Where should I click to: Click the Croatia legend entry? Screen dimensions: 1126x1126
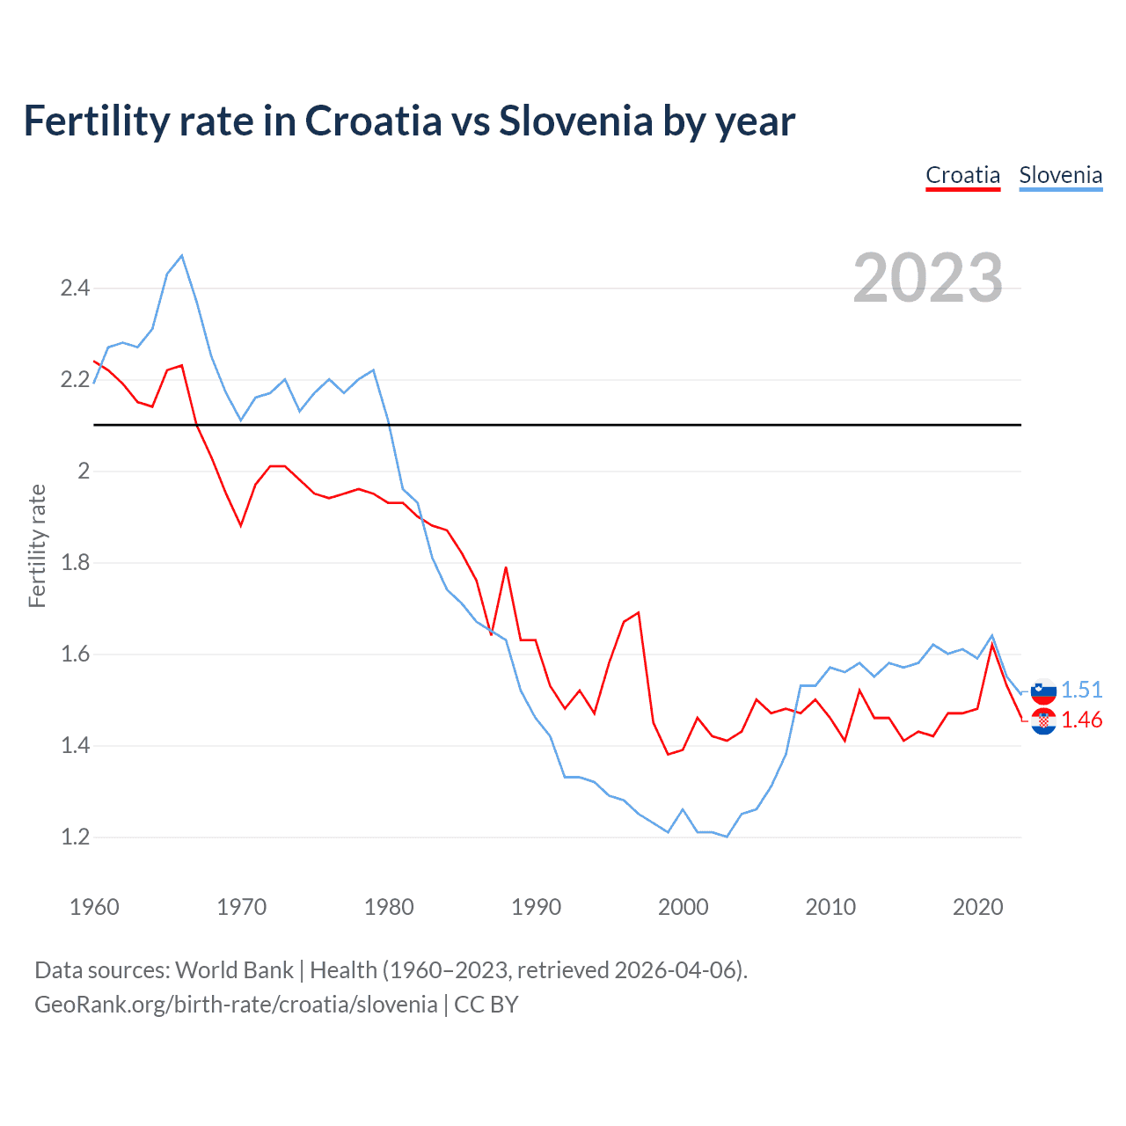point(962,175)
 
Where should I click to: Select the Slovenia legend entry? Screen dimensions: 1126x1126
point(1060,175)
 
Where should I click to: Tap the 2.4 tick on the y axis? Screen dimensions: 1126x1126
point(75,289)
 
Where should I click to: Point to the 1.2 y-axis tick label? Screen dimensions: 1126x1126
point(75,837)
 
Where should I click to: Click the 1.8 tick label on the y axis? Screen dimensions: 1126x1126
point(75,563)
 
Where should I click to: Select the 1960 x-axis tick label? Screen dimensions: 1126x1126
point(94,907)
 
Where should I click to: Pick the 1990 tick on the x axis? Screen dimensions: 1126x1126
point(536,907)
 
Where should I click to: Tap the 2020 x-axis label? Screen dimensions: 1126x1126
point(977,907)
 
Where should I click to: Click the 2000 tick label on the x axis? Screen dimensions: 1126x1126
point(683,907)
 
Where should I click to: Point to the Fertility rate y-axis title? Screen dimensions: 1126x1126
point(37,545)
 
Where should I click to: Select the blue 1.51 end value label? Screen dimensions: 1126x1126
point(1081,690)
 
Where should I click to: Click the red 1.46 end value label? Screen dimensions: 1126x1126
point(1081,720)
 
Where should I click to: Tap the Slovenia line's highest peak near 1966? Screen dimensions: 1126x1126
point(182,256)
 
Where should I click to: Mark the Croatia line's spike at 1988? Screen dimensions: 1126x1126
point(506,567)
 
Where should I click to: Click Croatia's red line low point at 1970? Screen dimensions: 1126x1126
point(241,526)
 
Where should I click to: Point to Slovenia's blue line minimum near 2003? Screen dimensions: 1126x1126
point(727,837)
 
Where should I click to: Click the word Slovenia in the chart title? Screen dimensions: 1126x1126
point(575,121)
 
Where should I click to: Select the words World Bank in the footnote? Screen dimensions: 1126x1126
point(234,969)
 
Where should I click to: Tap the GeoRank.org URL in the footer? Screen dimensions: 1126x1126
point(236,1004)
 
